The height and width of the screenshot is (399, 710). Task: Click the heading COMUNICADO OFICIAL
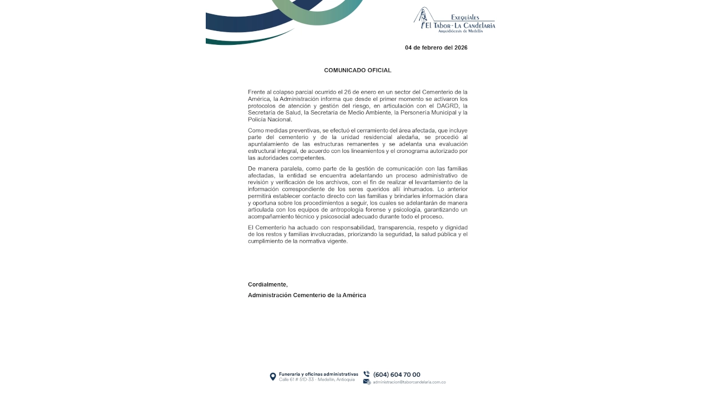tap(357, 70)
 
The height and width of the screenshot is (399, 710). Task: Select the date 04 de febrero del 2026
tap(436, 48)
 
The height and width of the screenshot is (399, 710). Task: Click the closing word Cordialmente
tap(267, 284)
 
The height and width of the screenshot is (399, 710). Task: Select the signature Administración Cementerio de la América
tap(307, 295)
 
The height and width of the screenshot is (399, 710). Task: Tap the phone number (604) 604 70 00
tap(397, 375)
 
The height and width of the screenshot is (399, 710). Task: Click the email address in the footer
tap(409, 382)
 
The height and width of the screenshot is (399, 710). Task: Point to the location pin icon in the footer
tap(273, 377)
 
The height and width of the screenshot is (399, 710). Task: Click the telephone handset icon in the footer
tap(367, 374)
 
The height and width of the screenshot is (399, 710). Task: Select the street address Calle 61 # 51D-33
tap(298, 380)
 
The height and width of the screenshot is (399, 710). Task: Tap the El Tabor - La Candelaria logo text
tap(460, 25)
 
